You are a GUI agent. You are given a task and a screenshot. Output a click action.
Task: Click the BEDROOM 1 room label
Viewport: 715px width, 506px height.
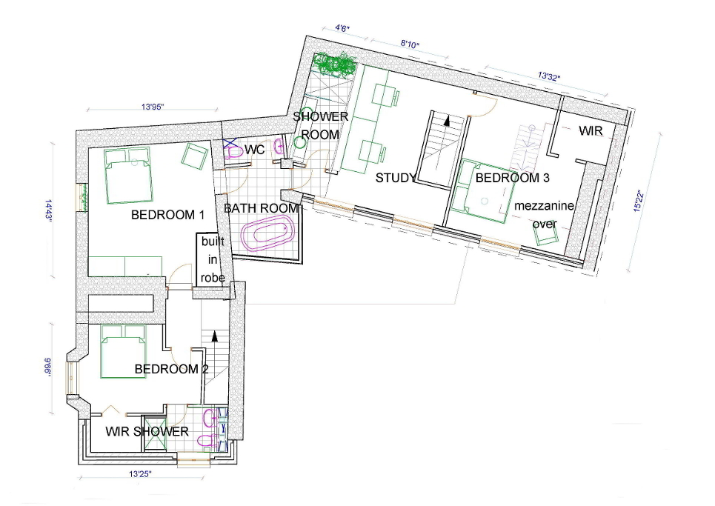[x=167, y=216]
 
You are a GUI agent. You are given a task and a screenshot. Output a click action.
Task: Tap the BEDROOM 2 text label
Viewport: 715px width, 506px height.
[x=167, y=369]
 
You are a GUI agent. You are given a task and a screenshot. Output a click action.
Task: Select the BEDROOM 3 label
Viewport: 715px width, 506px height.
[x=513, y=179]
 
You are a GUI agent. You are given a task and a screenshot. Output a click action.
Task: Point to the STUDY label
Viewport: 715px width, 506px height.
[x=395, y=178]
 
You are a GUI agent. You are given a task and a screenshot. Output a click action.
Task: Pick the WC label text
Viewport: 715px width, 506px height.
[x=255, y=150]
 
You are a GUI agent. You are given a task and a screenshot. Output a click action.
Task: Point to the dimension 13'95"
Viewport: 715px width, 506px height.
[x=153, y=107]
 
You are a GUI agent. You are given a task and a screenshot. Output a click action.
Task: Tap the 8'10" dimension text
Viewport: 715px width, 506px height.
[x=410, y=44]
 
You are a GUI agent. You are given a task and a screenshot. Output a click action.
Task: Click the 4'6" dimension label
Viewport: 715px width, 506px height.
[x=342, y=29]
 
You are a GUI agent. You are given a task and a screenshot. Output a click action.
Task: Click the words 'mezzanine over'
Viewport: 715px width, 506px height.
[x=545, y=215]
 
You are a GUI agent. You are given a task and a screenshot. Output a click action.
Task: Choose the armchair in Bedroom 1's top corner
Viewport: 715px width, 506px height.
[x=196, y=156]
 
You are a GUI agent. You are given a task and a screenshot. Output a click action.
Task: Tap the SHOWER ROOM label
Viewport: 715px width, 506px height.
[x=320, y=125]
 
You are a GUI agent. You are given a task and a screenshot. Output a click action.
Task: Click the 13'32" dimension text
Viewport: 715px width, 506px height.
[x=548, y=76]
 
